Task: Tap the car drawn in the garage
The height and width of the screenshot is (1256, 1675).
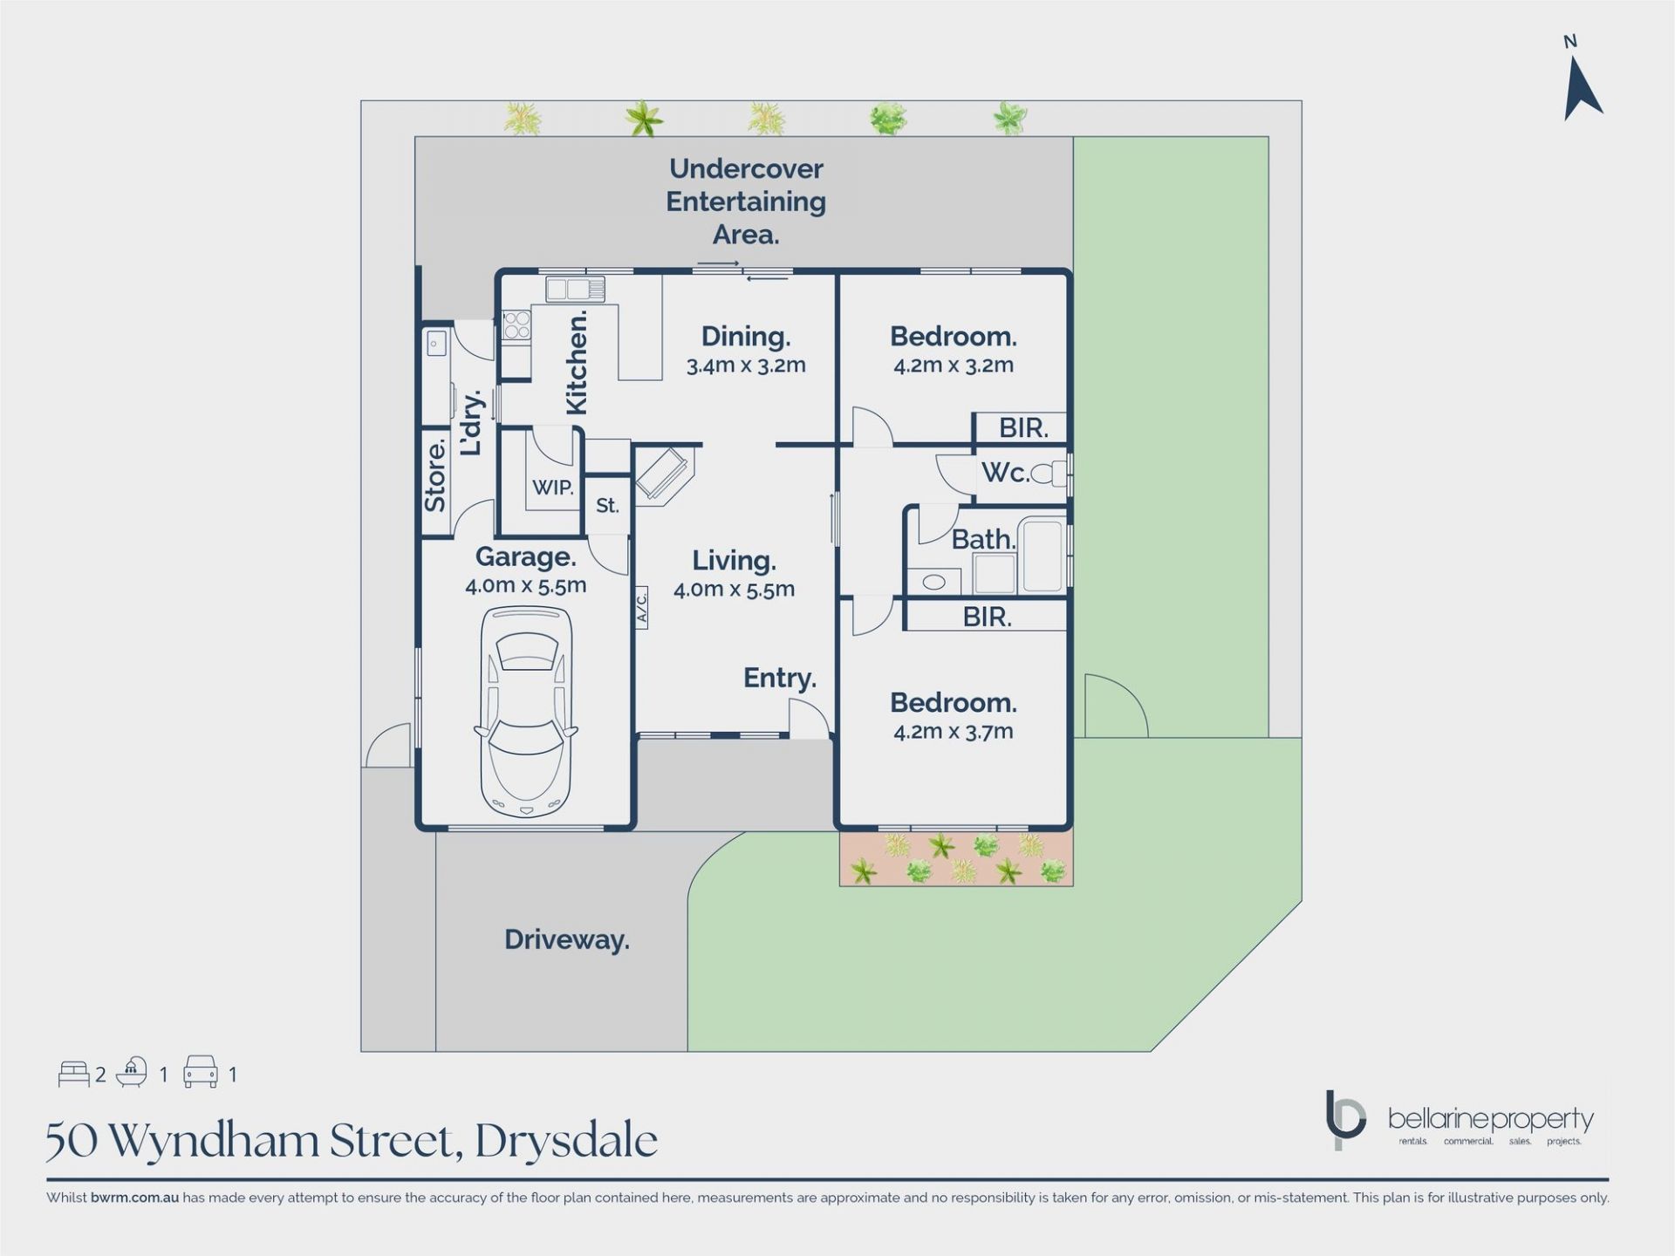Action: pos(526,712)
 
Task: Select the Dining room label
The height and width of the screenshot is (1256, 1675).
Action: pos(746,337)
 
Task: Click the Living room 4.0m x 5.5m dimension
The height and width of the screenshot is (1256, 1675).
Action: pos(734,590)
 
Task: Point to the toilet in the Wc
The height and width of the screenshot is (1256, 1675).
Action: pos(1049,474)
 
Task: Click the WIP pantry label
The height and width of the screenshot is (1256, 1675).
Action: pos(553,487)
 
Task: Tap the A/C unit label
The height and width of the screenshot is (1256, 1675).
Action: pos(641,607)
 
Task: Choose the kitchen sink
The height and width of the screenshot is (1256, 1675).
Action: pos(575,289)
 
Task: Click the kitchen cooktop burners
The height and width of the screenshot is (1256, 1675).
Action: pos(516,325)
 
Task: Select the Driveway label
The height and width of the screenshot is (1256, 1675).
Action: pos(567,940)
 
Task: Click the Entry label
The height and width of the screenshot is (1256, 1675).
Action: pos(780,679)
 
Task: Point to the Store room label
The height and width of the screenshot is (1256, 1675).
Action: pos(434,475)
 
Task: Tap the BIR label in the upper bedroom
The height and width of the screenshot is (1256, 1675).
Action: pos(1023,428)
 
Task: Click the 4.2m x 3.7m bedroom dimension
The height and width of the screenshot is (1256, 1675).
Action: pos(954,731)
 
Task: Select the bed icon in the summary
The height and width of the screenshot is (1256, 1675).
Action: pos(74,1074)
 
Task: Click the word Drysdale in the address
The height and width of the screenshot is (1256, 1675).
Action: pos(566,1141)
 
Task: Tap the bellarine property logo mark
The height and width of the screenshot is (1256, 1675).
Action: pos(1344,1119)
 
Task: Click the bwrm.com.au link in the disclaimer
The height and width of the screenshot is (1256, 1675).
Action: pos(134,1198)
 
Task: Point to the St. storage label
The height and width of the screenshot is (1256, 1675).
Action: pos(607,505)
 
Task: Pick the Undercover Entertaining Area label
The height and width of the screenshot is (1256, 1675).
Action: pos(746,201)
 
